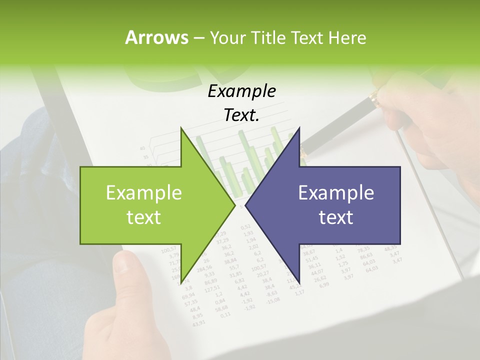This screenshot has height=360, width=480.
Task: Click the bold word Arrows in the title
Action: [x=156, y=37]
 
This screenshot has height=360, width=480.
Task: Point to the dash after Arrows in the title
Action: [x=198, y=38]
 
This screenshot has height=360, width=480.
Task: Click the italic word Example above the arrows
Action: [x=241, y=91]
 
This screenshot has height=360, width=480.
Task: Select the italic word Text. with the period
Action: [x=241, y=115]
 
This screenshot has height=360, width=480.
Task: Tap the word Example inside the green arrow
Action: [x=144, y=193]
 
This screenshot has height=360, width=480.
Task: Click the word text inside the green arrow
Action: [x=144, y=217]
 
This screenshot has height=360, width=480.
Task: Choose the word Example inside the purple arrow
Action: [x=336, y=193]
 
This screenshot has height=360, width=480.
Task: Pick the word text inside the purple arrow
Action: [x=336, y=217]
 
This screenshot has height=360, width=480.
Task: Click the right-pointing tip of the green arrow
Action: [x=234, y=205]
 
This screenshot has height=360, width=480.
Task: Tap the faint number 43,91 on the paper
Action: [x=198, y=322]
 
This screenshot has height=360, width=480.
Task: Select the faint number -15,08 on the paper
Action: [x=273, y=300]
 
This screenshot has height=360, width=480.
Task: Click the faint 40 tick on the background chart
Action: [x=142, y=148]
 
